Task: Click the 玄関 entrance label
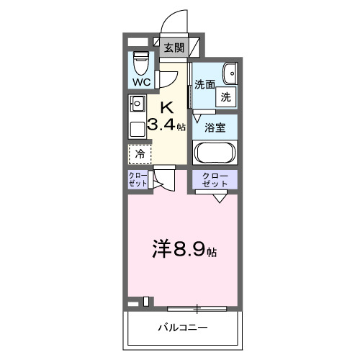tap(174, 49)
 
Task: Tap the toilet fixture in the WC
tap(141, 66)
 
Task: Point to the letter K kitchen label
tap(166, 107)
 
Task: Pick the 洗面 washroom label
tap(205, 84)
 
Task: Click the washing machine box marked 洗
tap(226, 97)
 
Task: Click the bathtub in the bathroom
tap(215, 153)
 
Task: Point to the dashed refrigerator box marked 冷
tap(140, 153)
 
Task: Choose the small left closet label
tap(138, 180)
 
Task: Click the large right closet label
tap(215, 180)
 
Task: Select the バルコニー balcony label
tap(184, 328)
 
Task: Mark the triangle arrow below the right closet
tap(220, 198)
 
